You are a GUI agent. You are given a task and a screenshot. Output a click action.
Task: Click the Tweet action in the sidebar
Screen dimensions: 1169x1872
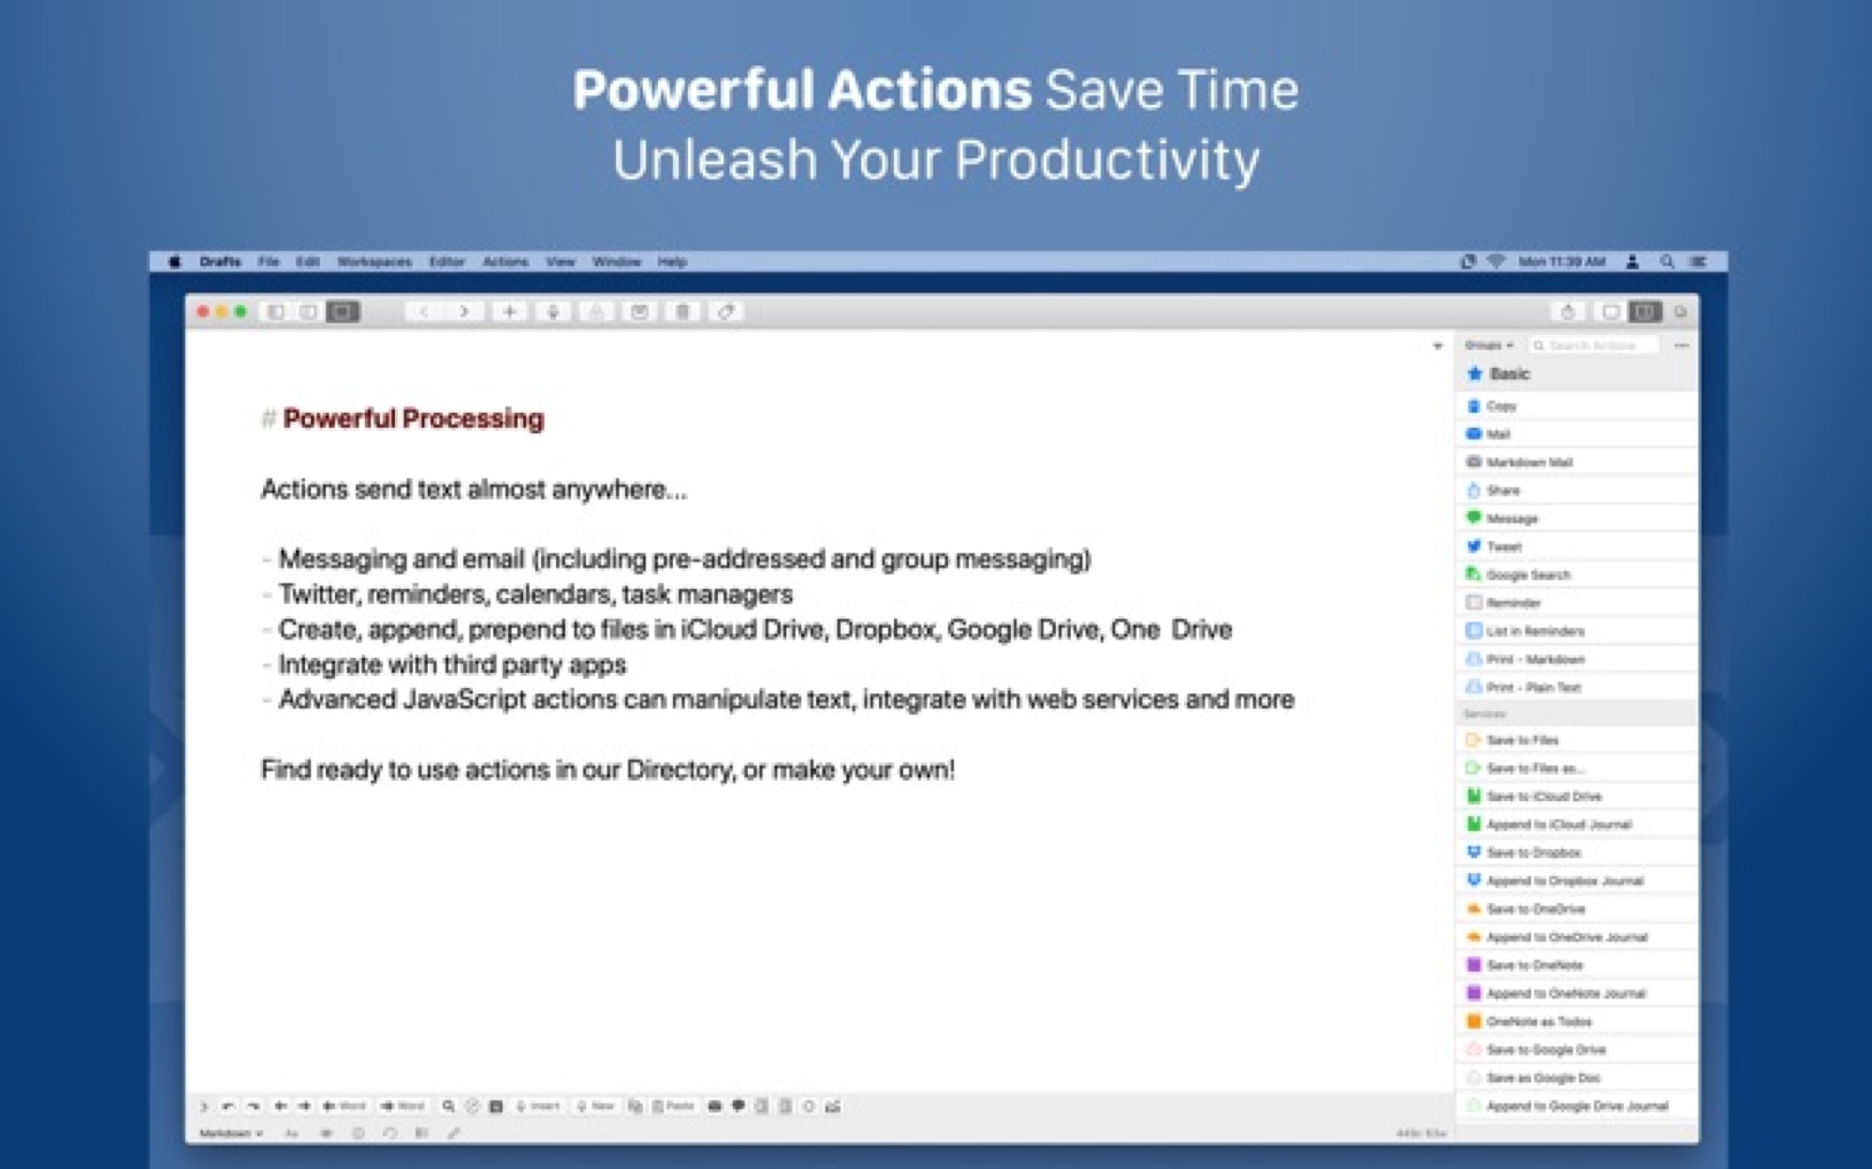coord(1504,547)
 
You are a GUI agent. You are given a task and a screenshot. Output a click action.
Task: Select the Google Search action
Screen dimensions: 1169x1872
coord(1528,575)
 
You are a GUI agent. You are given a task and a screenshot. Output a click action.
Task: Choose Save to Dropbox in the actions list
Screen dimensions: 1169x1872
coord(1533,853)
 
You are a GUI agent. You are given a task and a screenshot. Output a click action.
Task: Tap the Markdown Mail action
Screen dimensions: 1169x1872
coord(1529,462)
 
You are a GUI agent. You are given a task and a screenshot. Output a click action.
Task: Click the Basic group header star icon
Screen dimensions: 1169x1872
coord(1475,374)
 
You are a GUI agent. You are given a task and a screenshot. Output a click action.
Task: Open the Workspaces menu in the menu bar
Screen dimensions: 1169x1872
coord(374,262)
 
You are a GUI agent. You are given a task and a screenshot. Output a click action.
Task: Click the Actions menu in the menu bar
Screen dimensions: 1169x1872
coord(505,262)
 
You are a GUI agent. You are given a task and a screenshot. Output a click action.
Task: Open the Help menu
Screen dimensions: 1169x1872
coord(672,262)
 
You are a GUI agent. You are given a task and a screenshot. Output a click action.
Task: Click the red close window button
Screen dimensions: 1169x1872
coord(203,312)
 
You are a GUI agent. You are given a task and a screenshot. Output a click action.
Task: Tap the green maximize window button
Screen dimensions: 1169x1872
coord(241,312)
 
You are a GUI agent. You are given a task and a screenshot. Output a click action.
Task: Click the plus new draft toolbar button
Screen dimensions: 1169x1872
coord(509,312)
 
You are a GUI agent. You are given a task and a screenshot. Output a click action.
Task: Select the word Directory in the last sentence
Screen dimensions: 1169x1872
coord(680,770)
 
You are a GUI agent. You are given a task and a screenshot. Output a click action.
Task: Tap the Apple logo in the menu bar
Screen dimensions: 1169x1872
coord(174,262)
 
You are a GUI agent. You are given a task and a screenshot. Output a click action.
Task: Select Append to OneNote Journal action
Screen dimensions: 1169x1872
coord(1565,993)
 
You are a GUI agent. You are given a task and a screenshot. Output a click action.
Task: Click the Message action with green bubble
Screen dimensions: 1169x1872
coord(1512,519)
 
